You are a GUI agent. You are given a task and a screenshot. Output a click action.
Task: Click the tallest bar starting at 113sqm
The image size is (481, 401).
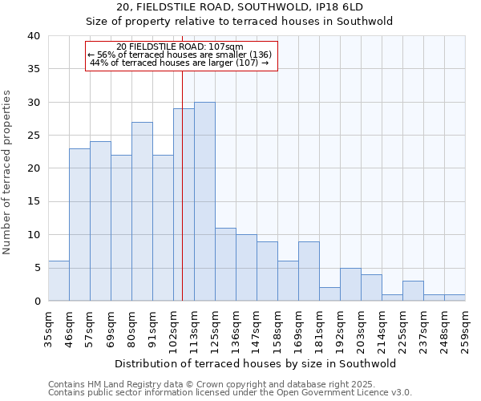[204, 201]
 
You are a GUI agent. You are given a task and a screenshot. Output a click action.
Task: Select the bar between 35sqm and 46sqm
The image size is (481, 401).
[59, 281]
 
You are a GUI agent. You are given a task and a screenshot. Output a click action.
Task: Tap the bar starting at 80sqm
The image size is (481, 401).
[142, 211]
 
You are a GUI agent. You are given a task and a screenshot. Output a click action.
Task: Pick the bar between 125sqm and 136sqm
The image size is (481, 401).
[225, 264]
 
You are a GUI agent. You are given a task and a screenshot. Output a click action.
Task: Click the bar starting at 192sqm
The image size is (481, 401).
[350, 284]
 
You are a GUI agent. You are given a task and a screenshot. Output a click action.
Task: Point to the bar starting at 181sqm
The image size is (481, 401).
[329, 294]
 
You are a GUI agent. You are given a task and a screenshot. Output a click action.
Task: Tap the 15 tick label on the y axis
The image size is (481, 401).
[33, 202]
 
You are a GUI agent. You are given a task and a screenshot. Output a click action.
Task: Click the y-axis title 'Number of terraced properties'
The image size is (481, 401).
[7, 172]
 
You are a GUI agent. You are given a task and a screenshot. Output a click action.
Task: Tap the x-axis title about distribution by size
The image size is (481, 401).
[257, 363]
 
